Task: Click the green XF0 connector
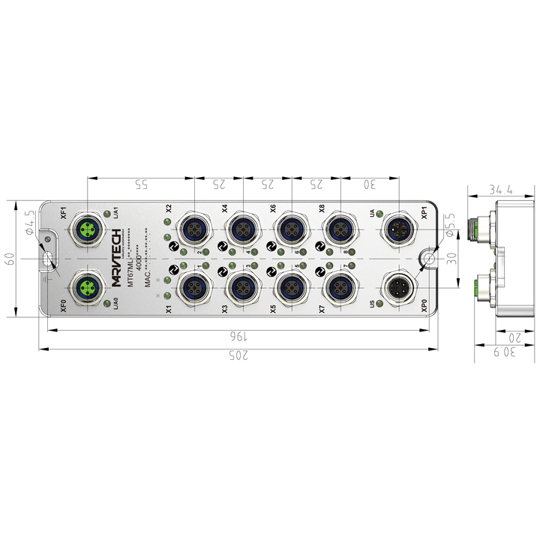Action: [88, 286]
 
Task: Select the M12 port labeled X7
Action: [338, 286]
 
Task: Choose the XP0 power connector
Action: [397, 286]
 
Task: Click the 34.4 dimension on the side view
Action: [500, 190]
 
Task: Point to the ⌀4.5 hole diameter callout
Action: [28, 223]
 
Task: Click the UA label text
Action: [373, 214]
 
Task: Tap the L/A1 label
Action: [115, 211]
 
